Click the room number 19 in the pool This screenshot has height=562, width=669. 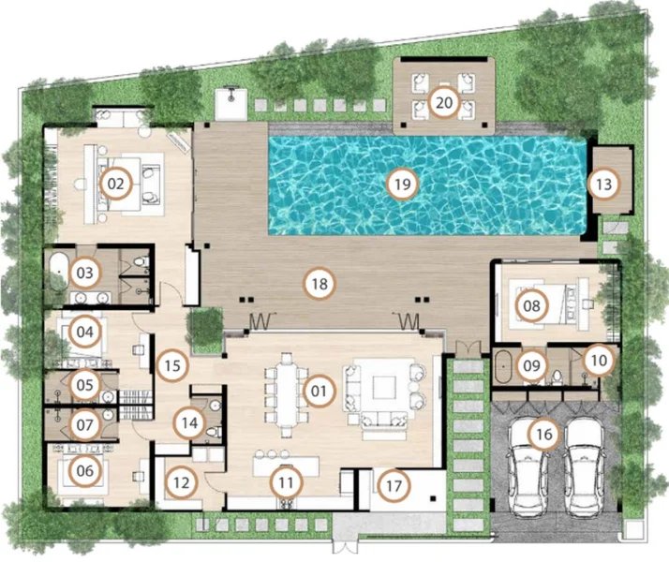[401, 184]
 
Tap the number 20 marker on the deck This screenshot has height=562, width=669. [443, 103]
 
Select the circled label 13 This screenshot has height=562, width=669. [603, 184]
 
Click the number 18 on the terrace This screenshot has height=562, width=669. [320, 282]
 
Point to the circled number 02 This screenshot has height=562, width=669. [115, 184]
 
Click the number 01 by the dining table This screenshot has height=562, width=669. [319, 391]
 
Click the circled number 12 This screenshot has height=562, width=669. [180, 483]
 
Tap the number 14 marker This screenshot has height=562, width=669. [190, 422]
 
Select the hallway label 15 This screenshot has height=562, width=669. [171, 364]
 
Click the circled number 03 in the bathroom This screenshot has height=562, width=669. [86, 274]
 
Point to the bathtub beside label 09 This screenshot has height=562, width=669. [504, 366]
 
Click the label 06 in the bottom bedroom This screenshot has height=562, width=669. [85, 471]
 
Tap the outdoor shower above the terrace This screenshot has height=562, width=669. [229, 96]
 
